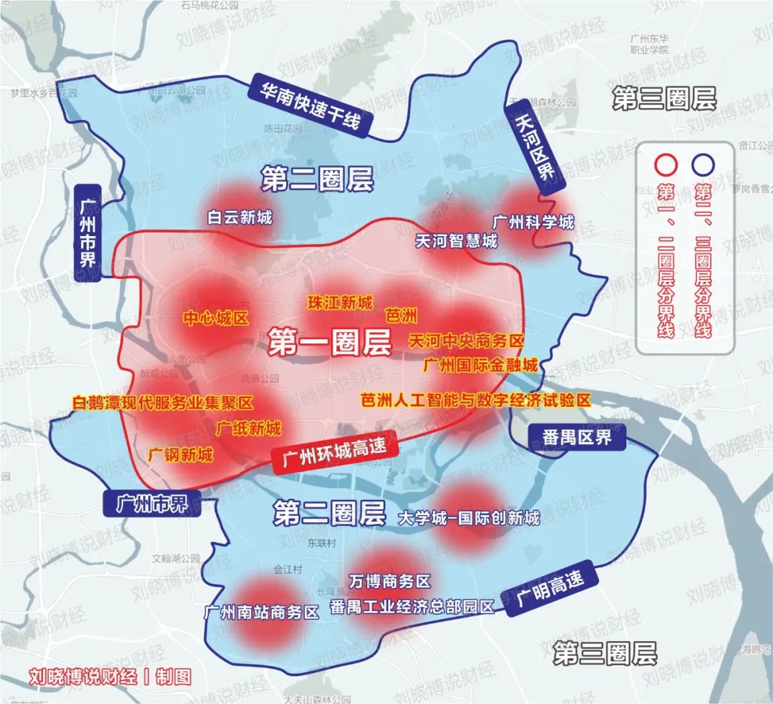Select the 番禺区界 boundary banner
point(577,437)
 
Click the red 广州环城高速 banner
point(334,451)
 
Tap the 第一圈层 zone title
point(330,343)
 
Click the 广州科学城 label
point(533,222)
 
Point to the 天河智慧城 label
point(456,241)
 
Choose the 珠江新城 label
point(340,303)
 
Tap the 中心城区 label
point(215,318)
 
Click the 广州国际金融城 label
point(480,366)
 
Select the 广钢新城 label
point(180,454)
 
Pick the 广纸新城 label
point(248,429)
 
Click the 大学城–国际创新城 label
point(468,518)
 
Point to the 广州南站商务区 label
point(261,612)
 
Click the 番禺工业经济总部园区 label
point(412,607)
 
